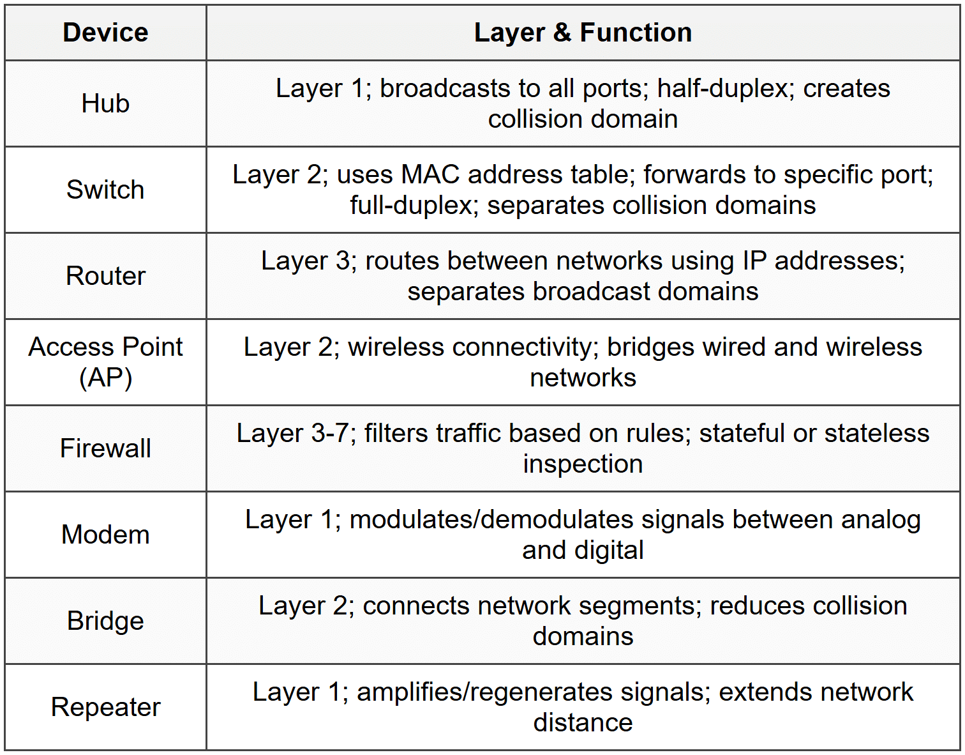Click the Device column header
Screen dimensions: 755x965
pyautogui.click(x=105, y=33)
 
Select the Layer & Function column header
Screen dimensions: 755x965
pyautogui.click(x=583, y=33)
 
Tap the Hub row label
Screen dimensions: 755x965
pyautogui.click(x=105, y=103)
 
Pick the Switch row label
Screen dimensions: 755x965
pyautogui.click(x=105, y=190)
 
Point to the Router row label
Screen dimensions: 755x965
pyautogui.click(x=105, y=276)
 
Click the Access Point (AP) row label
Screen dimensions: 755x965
pyautogui.click(x=105, y=362)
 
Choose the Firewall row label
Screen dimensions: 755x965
pyautogui.click(x=105, y=448)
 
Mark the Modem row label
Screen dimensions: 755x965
pyautogui.click(x=105, y=535)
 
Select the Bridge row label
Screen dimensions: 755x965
pyautogui.click(x=105, y=621)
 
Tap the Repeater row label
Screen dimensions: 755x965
pyautogui.click(x=105, y=707)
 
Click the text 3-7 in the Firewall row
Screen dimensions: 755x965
pyautogui.click(x=330, y=433)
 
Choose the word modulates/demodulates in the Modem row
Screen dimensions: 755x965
pyautogui.click(x=491, y=519)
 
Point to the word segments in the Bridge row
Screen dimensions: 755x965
pyautogui.click(x=640, y=606)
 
